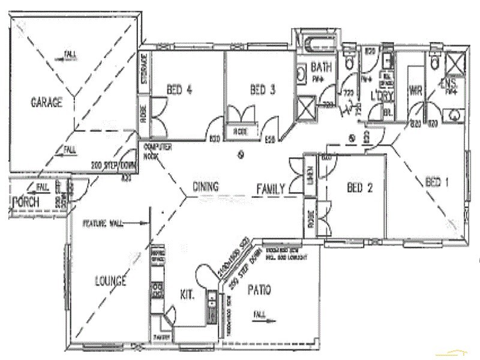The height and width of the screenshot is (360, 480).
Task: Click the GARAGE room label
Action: (x=46, y=103)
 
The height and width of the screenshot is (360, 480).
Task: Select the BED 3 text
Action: (x=262, y=91)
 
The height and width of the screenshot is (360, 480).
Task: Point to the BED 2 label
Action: (x=360, y=188)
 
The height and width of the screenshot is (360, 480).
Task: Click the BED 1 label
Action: (x=436, y=182)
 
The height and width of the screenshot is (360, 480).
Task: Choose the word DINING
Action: (x=205, y=187)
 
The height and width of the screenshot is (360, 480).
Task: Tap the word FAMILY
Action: (x=270, y=189)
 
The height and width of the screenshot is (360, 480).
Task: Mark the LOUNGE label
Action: (x=110, y=281)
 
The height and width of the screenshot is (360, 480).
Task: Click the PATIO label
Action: (x=259, y=290)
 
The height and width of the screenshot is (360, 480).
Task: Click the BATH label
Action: (x=321, y=68)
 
